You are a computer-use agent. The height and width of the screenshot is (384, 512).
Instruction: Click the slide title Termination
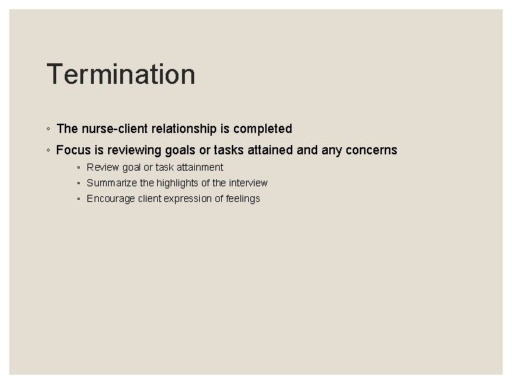point(120,75)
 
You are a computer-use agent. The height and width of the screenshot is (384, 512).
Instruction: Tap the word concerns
point(369,150)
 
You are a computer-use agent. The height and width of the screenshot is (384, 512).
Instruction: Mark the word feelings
point(242,198)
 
